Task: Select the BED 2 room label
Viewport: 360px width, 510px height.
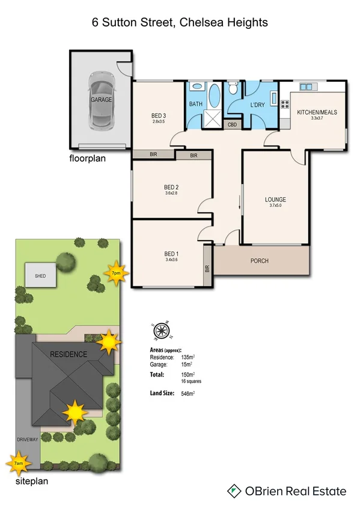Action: click(171, 187)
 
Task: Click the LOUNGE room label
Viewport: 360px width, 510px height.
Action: click(275, 199)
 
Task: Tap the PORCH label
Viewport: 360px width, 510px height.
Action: click(260, 261)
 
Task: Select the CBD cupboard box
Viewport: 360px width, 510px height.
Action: click(231, 125)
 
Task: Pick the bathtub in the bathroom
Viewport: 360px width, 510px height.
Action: click(213, 96)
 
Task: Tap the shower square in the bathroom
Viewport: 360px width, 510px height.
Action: click(212, 119)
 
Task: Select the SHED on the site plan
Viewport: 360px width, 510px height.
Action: click(40, 275)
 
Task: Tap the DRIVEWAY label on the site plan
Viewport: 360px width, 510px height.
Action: click(28, 440)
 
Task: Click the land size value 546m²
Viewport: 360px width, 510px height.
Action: click(188, 393)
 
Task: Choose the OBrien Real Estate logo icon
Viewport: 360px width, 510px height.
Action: click(234, 491)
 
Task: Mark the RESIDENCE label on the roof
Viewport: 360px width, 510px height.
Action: click(68, 354)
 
